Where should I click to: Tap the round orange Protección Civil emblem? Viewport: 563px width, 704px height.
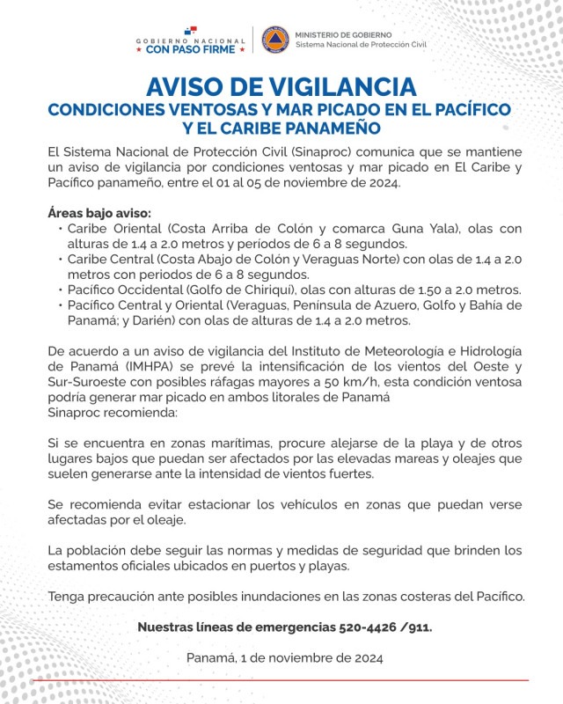(274, 39)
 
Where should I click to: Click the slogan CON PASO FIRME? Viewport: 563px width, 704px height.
(190, 50)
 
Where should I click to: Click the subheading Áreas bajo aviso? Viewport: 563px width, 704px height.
(99, 213)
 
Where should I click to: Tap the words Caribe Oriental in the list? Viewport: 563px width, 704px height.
(110, 229)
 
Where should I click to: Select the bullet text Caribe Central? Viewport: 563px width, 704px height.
(108, 260)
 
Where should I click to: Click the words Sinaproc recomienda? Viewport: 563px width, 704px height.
(113, 412)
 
